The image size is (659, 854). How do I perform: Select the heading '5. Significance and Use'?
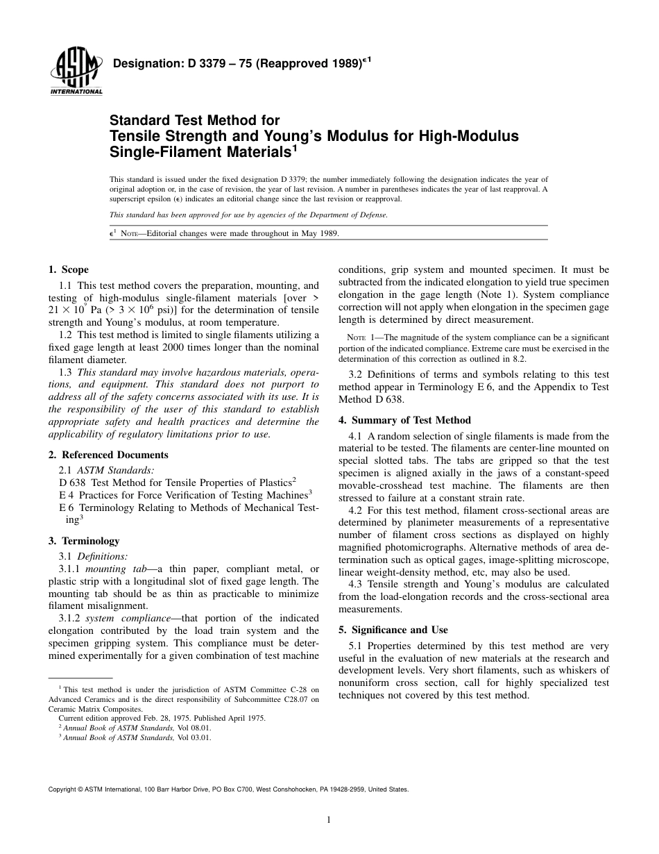click(393, 630)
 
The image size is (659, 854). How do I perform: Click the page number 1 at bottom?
click(329, 819)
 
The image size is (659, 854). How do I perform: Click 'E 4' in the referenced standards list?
click(67, 495)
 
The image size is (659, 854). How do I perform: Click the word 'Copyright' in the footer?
click(63, 789)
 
